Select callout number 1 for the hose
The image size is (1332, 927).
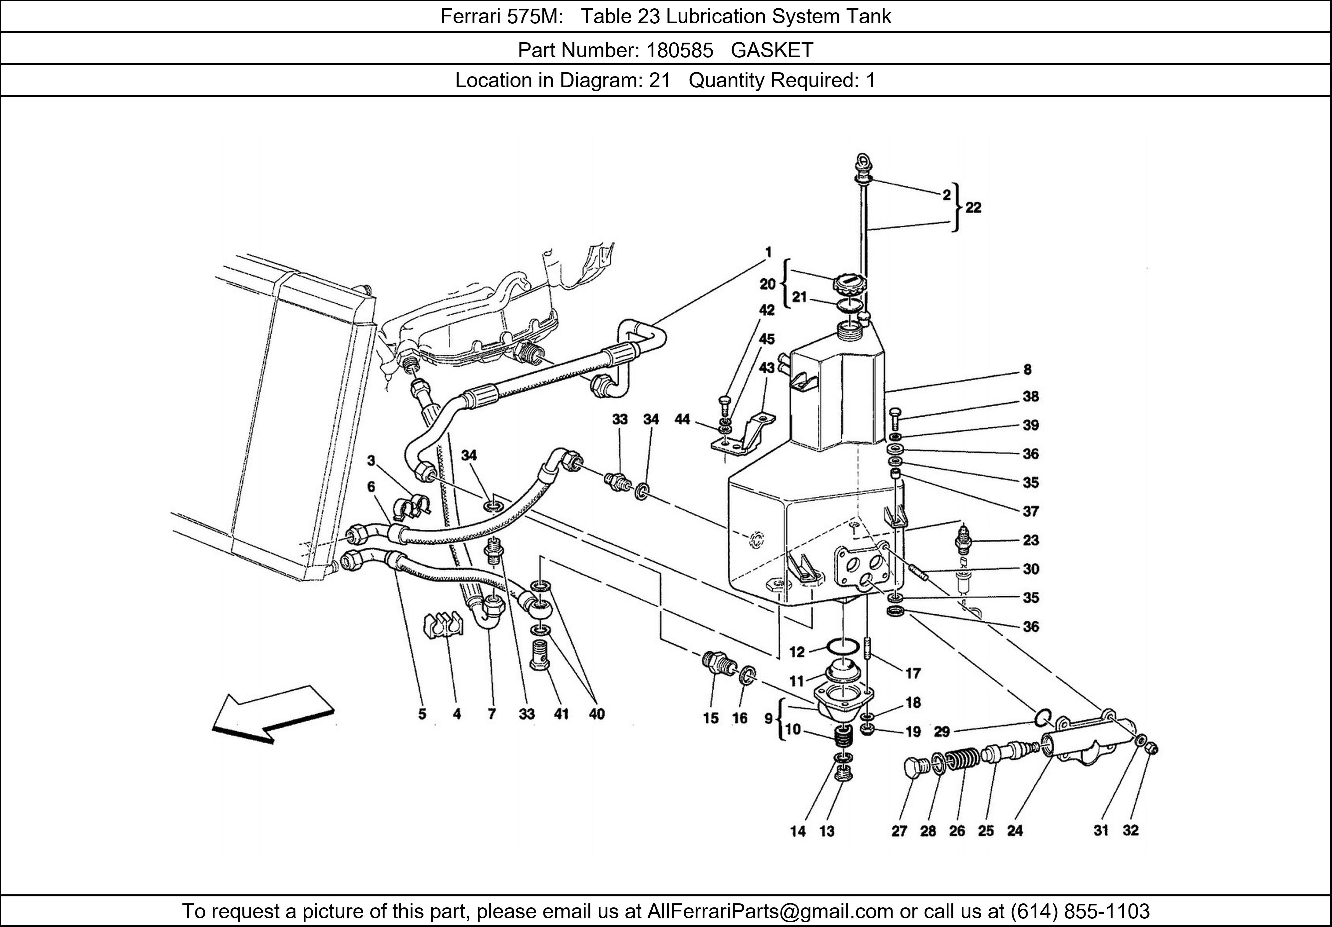768,252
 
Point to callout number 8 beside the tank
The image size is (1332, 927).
1027,370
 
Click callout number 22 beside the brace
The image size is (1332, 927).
973,208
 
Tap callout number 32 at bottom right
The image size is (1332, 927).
1131,830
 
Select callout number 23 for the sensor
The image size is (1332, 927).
1030,540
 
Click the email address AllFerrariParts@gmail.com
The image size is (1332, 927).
770,911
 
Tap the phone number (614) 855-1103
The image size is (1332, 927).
1080,911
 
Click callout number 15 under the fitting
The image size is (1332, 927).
711,718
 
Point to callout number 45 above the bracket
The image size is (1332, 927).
767,339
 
